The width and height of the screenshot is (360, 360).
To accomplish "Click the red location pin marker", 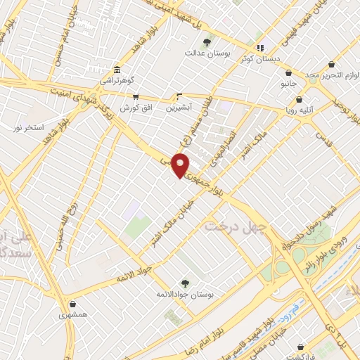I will (x=181, y=165).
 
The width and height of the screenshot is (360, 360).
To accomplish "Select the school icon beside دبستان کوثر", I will (x=260, y=48).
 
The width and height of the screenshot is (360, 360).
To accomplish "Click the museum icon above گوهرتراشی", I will (x=117, y=70).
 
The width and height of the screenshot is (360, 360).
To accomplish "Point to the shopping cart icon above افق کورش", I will (x=135, y=97).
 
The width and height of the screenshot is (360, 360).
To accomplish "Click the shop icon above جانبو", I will (x=288, y=73).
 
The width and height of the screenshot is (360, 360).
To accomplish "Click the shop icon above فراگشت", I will (x=302, y=347).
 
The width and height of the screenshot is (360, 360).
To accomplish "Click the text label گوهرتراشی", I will (x=117, y=80).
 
